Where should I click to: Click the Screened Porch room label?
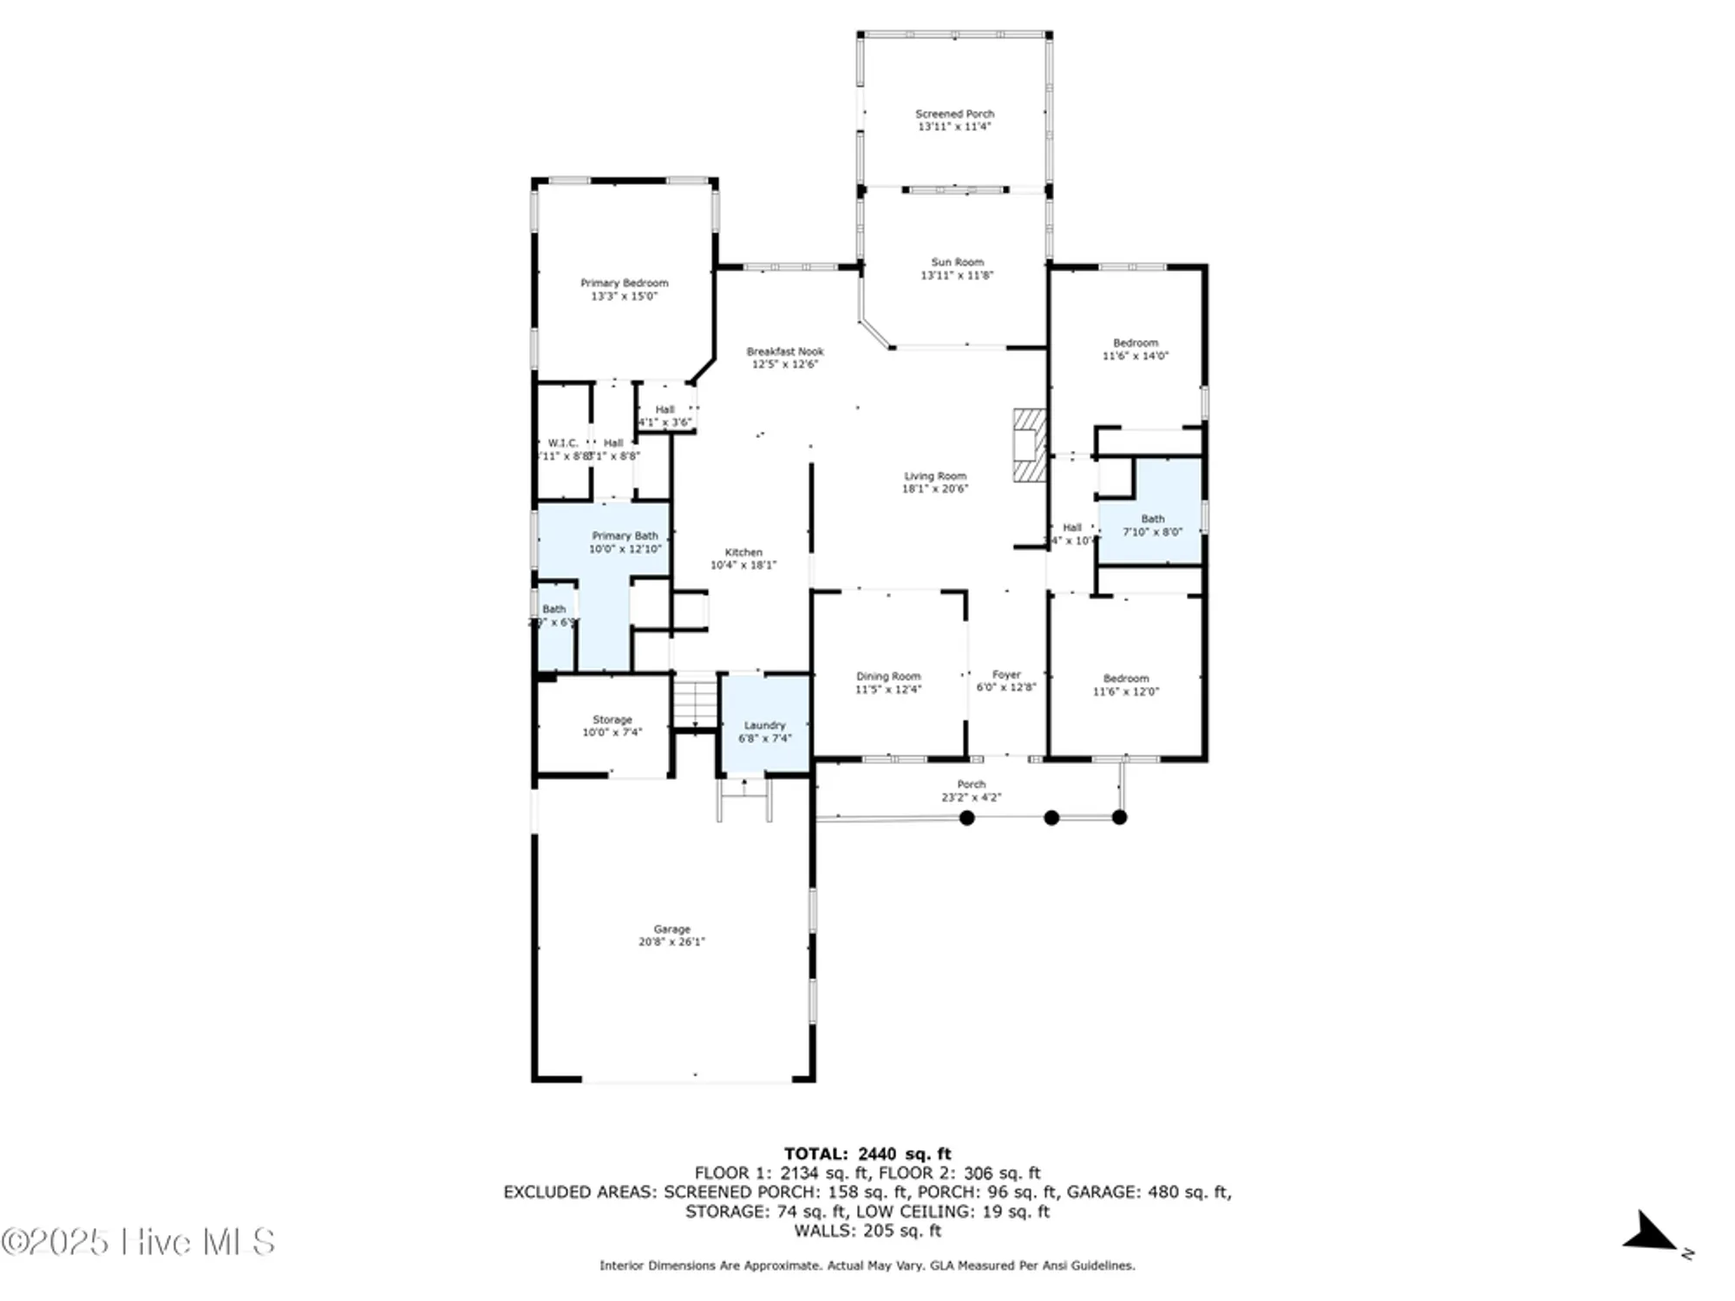point(954,114)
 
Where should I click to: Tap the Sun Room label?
point(957,262)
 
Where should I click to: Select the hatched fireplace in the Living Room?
point(1030,446)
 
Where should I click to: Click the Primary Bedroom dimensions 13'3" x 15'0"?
point(624,296)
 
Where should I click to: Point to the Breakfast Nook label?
point(784,351)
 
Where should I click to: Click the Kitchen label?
point(743,552)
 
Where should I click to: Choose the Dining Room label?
point(888,676)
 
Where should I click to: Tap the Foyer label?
point(1006,674)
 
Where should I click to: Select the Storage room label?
point(612,719)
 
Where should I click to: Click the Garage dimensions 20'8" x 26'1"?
point(671,942)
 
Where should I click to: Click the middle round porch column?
point(1051,817)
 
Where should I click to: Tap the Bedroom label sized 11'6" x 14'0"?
point(1135,343)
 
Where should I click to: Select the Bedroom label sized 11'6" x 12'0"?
point(1125,678)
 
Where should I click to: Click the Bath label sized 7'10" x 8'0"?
point(1152,519)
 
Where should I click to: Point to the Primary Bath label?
point(625,536)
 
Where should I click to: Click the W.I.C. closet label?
point(562,443)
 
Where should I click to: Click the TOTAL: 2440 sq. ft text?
point(867,1154)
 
